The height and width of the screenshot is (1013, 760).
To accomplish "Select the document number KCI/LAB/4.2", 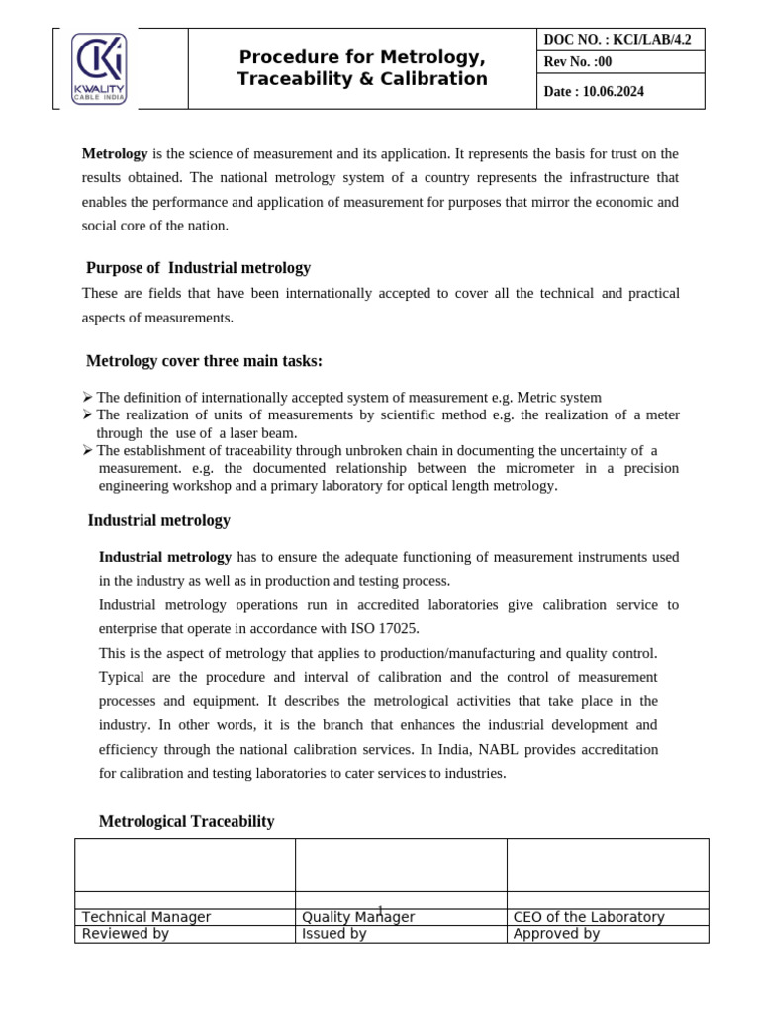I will tap(648, 40).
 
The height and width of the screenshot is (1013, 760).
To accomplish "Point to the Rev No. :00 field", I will tap(578, 63).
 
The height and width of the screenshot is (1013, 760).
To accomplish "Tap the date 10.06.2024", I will tap(613, 92).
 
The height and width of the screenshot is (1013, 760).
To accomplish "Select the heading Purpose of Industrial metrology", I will tap(198, 268).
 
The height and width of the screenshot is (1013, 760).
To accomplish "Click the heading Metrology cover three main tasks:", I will tap(204, 361).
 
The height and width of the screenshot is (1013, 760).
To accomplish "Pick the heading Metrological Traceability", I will tap(187, 821).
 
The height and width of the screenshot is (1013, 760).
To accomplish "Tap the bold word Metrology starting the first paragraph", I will tap(115, 154).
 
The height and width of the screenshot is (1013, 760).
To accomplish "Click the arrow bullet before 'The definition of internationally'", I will tap(88, 398).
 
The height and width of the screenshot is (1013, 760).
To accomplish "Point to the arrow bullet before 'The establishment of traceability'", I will tap(88, 451).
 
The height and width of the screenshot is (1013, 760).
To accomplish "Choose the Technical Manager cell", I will tap(146, 917).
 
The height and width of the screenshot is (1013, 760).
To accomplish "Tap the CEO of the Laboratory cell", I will tap(589, 917).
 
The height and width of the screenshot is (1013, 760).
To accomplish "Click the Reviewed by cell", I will tap(126, 933).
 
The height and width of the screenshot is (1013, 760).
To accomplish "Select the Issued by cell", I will tap(334, 933).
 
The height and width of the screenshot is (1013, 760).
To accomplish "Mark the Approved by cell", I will tap(556, 933).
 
